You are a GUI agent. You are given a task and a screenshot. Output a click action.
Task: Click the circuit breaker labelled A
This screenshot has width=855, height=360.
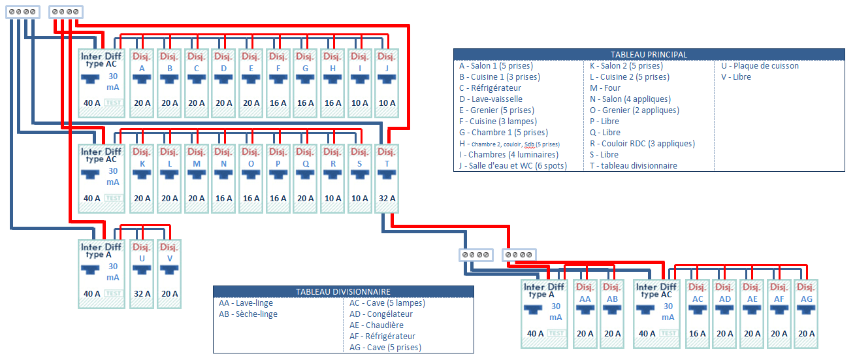(142, 83)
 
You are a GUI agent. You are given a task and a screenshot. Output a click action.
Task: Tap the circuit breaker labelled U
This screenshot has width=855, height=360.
(142, 273)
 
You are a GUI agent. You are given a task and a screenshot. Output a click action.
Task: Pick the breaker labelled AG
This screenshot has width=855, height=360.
(806, 313)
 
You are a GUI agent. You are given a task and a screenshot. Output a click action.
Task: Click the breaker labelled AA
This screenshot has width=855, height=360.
(585, 313)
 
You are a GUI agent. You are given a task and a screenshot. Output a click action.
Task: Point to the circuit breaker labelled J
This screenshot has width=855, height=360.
(387, 83)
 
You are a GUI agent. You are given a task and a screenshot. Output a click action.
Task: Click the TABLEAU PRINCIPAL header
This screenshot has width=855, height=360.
(649, 55)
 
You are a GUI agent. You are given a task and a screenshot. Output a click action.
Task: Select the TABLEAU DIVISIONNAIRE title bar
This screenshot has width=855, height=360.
(343, 292)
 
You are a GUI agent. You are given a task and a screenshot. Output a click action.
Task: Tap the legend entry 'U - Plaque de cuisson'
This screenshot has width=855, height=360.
(760, 66)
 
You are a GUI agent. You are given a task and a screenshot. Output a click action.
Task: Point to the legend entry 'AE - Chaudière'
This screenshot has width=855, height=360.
(376, 325)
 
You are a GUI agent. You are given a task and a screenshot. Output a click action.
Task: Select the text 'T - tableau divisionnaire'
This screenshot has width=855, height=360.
(634, 166)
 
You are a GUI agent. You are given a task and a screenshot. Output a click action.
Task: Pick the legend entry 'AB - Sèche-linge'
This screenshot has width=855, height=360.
(248, 314)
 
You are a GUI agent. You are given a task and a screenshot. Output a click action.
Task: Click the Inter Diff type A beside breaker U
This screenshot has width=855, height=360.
(102, 273)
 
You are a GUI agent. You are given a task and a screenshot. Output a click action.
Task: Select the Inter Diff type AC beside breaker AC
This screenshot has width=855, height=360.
(656, 313)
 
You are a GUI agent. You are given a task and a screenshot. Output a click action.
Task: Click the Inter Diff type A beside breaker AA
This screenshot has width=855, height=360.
(544, 313)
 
